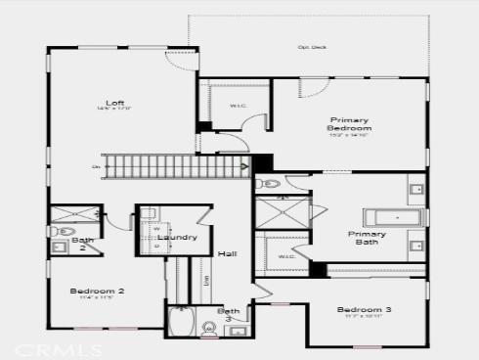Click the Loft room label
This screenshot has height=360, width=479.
point(115,103)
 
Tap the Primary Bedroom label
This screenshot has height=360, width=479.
point(349,123)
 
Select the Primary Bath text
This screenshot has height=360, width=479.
point(367,238)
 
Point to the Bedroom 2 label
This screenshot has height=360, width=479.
point(97,291)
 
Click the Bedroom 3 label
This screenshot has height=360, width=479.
point(365,310)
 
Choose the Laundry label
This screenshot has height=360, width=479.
point(177,237)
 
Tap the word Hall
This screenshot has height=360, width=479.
point(227,253)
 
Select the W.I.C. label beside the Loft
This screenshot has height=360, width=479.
point(238,105)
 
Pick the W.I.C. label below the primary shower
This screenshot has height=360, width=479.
point(286,257)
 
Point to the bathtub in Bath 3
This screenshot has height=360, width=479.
point(182,322)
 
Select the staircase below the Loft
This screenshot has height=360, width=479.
point(176,167)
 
